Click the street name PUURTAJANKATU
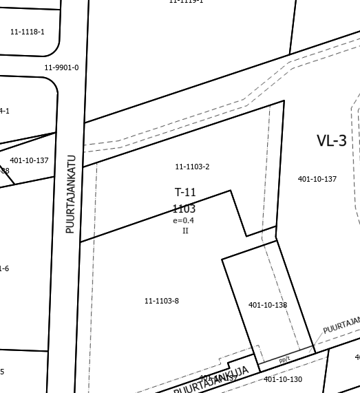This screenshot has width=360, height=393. [x=70, y=193]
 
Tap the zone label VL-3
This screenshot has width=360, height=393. [x=331, y=141]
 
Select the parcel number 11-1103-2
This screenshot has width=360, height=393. [x=192, y=167]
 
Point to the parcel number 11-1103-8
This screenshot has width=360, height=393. [x=162, y=301]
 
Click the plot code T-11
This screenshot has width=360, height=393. [x=185, y=192]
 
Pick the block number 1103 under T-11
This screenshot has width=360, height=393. [x=184, y=209]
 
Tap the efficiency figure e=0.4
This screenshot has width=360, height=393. [x=184, y=221]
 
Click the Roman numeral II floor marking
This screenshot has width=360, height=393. [x=185, y=231]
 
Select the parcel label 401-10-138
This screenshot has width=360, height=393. [x=268, y=305]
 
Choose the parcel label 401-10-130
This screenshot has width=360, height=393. [x=283, y=379]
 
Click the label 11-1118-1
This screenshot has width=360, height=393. [x=28, y=32]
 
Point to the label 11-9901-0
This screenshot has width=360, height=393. [x=61, y=67]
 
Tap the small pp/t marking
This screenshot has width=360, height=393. [x=284, y=360]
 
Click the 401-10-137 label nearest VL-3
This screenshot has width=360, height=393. [x=317, y=179]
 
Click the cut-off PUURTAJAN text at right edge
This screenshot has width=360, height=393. [x=341, y=324]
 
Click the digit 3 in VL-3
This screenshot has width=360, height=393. [x=341, y=141]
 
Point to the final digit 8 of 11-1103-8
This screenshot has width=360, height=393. [x=177, y=301]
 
